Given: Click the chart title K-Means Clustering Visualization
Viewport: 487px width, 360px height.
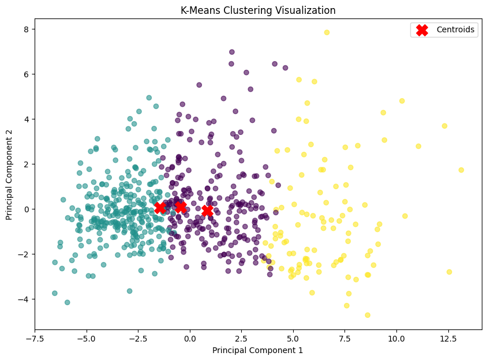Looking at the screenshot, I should click(x=257, y=10).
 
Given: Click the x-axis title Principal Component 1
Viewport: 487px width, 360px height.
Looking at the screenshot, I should click(x=257, y=350).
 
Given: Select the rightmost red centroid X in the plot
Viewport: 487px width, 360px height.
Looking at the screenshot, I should click(x=207, y=211).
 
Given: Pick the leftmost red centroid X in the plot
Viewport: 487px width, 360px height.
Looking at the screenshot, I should click(x=160, y=208).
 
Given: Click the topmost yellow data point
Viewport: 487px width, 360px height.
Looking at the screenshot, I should click(x=327, y=32).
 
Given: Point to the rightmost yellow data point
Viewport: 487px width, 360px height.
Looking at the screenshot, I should click(x=461, y=170).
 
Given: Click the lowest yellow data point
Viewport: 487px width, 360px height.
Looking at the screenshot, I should click(x=368, y=315).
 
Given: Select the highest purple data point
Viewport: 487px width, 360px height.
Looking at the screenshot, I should click(x=232, y=52).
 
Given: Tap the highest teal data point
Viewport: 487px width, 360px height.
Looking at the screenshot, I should click(x=149, y=98).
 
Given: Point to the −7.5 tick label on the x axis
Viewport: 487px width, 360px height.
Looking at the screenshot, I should click(x=35, y=338).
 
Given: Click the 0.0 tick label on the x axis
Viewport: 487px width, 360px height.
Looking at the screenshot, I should click(x=190, y=338).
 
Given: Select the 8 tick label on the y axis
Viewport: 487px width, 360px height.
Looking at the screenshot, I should click(x=26, y=29).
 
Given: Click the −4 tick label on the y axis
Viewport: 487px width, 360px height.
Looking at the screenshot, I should click(x=24, y=299).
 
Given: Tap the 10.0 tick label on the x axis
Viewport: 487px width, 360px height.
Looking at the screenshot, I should click(x=396, y=338).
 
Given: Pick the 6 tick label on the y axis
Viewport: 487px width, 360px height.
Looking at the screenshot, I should click(x=26, y=74).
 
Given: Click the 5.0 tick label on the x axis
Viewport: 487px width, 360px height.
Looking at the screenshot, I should click(x=293, y=338).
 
